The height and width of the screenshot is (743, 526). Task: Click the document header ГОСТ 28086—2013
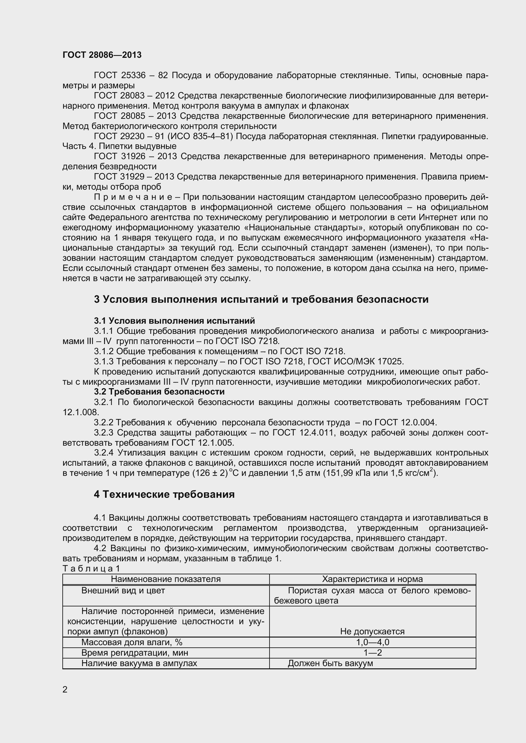click(x=102, y=55)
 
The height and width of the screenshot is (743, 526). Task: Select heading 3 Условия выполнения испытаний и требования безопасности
click(x=261, y=299)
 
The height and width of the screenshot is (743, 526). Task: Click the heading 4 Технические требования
click(x=164, y=495)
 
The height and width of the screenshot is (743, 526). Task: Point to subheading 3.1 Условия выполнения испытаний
click(x=174, y=321)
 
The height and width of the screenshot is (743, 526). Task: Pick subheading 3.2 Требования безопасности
click(x=159, y=392)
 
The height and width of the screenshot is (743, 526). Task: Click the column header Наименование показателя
click(x=165, y=579)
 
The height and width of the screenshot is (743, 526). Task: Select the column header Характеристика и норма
click(x=372, y=579)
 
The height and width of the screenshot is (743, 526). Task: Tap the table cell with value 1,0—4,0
click(x=372, y=642)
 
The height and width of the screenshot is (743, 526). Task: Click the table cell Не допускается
click(x=372, y=632)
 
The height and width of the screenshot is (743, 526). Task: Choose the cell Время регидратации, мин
click(x=135, y=653)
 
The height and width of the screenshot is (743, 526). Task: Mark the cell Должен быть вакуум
click(x=330, y=663)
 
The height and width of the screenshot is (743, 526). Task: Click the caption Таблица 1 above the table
click(x=91, y=569)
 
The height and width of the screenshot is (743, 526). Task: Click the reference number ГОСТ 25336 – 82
click(x=131, y=75)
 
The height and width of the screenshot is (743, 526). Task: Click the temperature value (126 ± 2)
click(x=210, y=473)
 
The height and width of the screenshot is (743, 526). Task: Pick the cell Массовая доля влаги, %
click(x=132, y=642)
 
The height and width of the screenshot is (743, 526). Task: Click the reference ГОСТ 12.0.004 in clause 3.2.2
click(x=405, y=422)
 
